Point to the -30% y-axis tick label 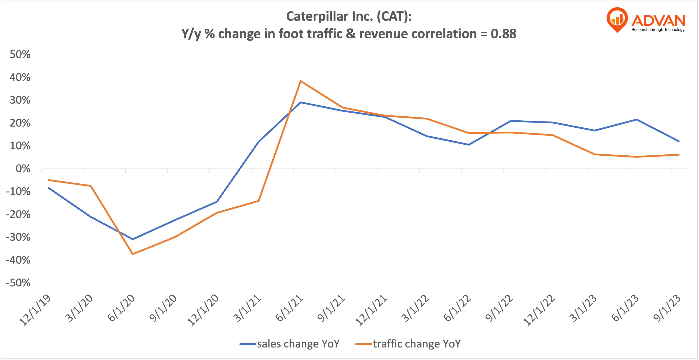pos(18,237)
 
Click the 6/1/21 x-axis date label pos(289,308)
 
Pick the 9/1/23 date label pos(667,308)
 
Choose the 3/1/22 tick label pos(415,308)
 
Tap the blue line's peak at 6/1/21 pos(301,102)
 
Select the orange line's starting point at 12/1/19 pos(49,180)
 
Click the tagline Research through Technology pos(658,30)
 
